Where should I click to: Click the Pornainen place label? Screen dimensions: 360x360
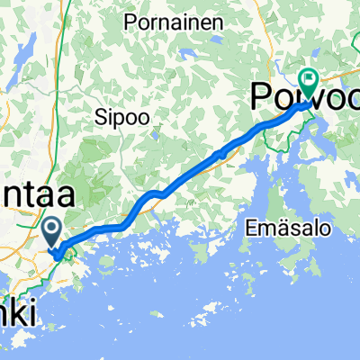click(174, 21)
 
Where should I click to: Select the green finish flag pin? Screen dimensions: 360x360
click(309, 82)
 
